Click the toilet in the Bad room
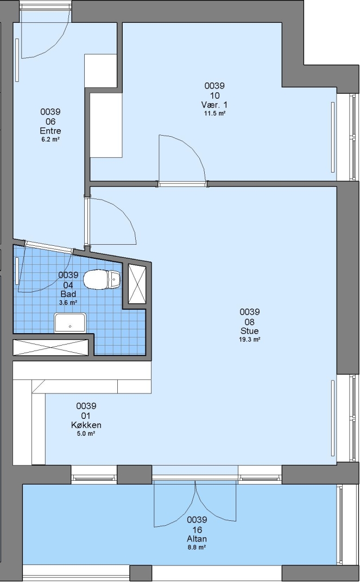point(102,279)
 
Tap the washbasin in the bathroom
point(70,323)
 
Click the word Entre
point(50,131)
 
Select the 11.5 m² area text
point(214,113)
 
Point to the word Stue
point(249,331)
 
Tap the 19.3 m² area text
point(249,340)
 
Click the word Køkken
point(86,425)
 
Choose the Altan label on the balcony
point(197,539)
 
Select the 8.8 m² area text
point(197,547)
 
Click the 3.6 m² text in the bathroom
point(68,303)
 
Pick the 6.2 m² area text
point(50,139)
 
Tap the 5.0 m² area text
point(86,434)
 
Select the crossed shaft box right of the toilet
point(137,284)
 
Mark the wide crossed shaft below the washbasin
point(50,347)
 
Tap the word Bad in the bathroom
point(68,294)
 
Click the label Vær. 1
point(214,105)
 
